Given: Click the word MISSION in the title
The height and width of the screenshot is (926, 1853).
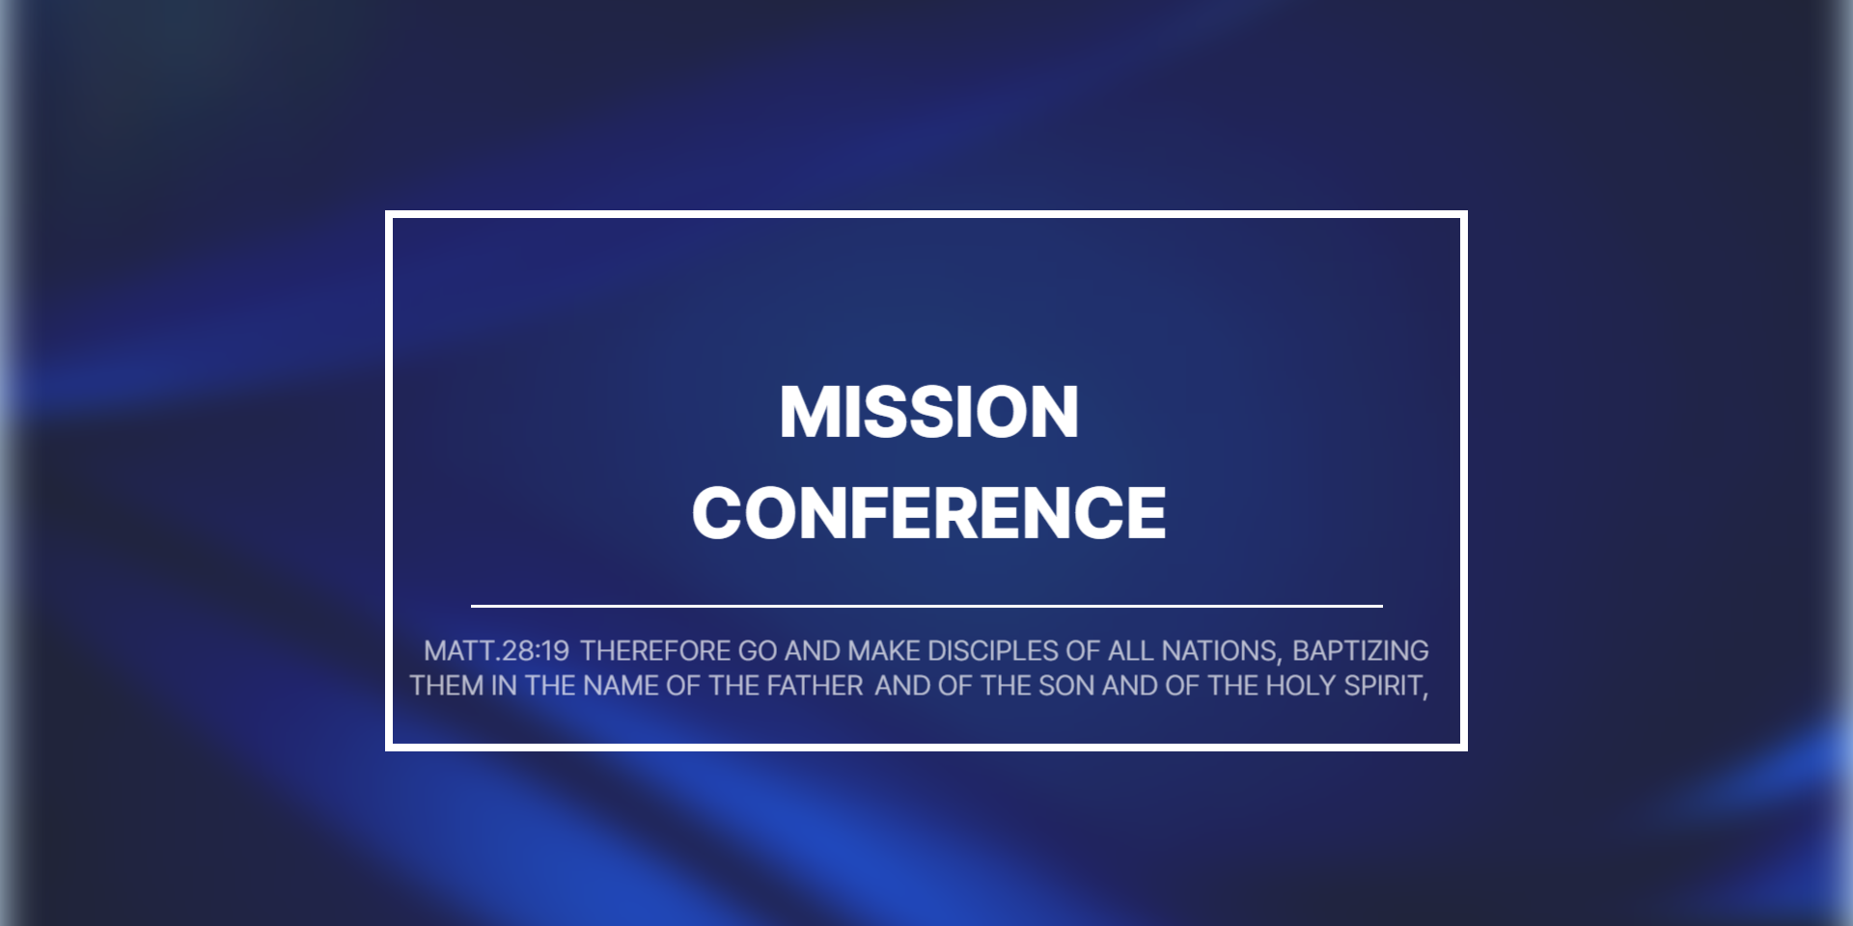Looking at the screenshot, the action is pos(928,412).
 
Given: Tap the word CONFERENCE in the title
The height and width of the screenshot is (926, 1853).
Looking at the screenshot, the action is pos(928,512).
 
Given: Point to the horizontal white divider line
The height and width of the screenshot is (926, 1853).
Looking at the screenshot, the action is pos(926,606).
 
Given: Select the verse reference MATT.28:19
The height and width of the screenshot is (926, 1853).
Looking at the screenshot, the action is pos(497,651).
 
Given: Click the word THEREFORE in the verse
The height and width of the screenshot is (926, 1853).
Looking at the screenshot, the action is pos(655,651).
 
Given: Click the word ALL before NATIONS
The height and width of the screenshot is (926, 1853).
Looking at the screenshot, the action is pos(1131,651).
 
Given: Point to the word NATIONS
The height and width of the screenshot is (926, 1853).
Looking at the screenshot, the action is pos(1219,651).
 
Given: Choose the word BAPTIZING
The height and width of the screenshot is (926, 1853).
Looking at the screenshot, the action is pos(1361,651).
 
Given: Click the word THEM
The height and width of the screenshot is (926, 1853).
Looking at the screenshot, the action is pos(447,686).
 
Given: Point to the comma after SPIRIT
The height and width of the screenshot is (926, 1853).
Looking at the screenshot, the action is pos(1424,694).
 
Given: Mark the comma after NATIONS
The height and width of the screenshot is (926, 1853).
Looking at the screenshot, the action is pos(1280,660).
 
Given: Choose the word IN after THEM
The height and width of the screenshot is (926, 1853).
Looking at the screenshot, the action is pos(505,686).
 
